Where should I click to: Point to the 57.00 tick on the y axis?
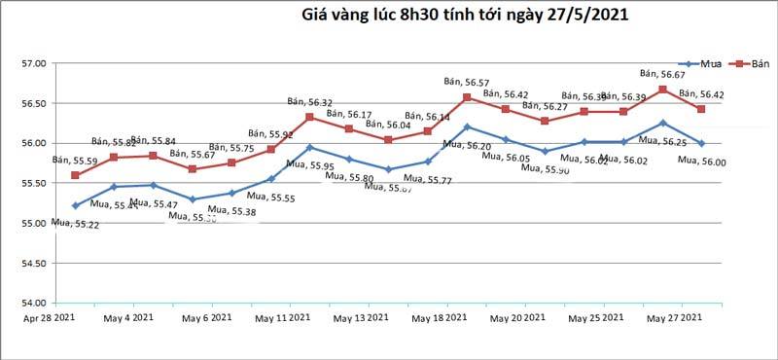tap(33, 63)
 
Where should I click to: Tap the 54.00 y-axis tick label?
tap(33, 303)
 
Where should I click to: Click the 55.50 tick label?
tap(33, 183)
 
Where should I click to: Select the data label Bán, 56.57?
tap(466, 83)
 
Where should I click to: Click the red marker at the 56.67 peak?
tap(662, 90)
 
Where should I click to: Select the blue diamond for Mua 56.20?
tap(467, 126)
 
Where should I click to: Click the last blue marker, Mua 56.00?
tap(701, 143)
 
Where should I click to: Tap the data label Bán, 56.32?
tap(310, 101)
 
